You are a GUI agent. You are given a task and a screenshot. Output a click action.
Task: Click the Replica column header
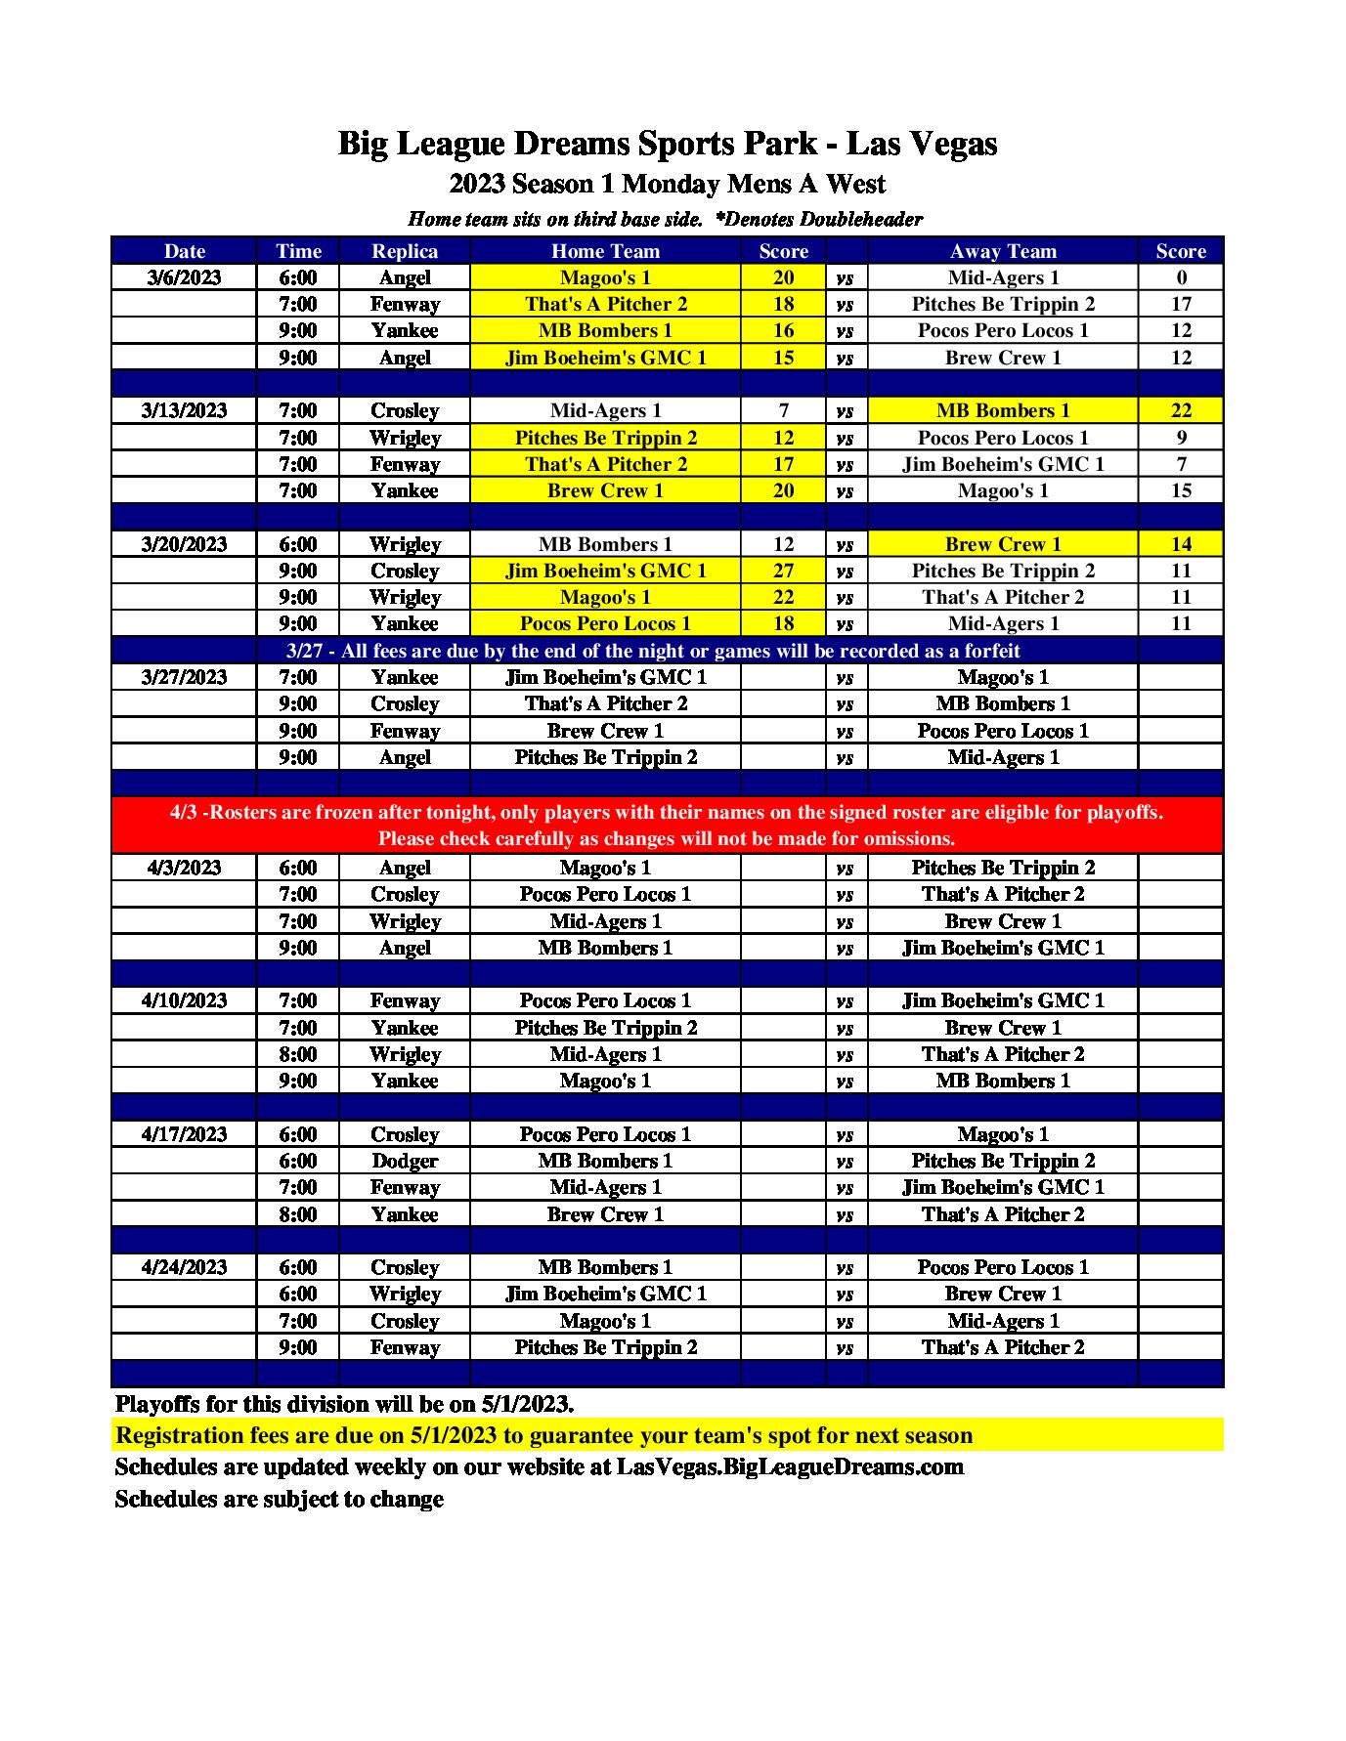(x=404, y=251)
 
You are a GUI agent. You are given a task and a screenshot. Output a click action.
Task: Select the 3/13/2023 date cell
(x=184, y=410)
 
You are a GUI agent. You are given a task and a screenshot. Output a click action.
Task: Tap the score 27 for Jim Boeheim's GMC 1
(x=783, y=571)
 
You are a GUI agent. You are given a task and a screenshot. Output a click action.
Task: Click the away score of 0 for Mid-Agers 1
(x=1180, y=277)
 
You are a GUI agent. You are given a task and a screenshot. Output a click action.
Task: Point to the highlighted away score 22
(x=1180, y=410)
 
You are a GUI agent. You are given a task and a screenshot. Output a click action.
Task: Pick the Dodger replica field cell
(x=404, y=1161)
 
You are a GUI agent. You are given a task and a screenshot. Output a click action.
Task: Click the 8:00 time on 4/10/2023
(x=297, y=1054)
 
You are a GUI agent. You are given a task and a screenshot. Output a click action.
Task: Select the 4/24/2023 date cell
(x=184, y=1267)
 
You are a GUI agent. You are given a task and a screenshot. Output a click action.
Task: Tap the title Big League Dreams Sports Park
(x=667, y=144)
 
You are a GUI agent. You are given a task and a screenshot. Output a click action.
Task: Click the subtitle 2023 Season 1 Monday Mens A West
(x=667, y=184)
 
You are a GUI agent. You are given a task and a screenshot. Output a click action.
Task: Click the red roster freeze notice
(x=667, y=825)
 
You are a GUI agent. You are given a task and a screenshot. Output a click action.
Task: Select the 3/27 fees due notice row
(x=652, y=651)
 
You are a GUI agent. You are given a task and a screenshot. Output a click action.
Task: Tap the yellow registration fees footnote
(x=543, y=1435)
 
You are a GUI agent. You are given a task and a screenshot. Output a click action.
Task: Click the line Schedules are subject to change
(x=279, y=1499)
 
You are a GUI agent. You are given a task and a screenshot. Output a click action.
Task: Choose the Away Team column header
(x=1002, y=251)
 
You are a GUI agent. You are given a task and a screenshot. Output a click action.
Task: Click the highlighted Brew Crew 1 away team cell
(x=1002, y=544)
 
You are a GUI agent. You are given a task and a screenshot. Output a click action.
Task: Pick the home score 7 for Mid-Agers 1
(x=783, y=410)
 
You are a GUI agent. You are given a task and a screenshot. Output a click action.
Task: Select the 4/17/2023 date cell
(x=184, y=1134)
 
